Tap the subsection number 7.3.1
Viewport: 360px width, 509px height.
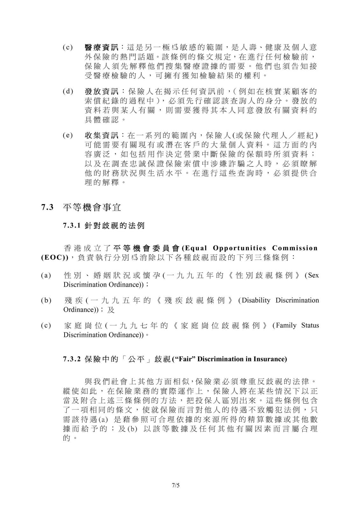click(73, 226)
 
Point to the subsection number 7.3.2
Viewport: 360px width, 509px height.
click(73, 359)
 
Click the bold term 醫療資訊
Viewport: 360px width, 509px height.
click(102, 48)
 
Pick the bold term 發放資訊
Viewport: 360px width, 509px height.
click(102, 92)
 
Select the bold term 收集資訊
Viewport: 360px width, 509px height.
click(102, 136)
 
